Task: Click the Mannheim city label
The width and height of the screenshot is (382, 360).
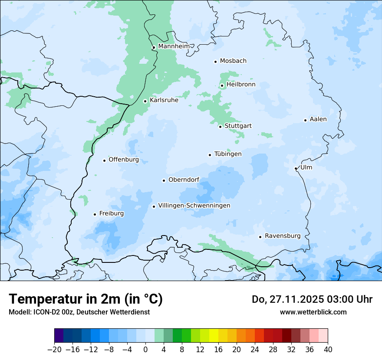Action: (174, 46)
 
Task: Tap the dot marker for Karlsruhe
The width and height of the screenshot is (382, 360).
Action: (145, 101)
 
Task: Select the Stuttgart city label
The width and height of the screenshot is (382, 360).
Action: (238, 126)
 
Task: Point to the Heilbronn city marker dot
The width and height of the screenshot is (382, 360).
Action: (222, 85)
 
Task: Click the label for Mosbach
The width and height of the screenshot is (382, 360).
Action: (233, 61)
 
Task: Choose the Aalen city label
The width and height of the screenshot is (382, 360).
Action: (318, 119)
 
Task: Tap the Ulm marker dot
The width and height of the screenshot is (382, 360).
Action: (296, 168)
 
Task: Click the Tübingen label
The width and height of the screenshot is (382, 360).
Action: (228, 154)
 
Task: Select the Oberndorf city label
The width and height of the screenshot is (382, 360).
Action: (184, 180)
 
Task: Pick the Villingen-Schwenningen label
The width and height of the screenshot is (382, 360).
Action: (194, 205)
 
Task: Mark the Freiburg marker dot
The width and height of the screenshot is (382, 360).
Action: (95, 214)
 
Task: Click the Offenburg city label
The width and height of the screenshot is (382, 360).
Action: (124, 159)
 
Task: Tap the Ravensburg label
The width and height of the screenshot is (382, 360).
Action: (283, 236)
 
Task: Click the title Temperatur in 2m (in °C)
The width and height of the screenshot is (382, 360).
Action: (86, 299)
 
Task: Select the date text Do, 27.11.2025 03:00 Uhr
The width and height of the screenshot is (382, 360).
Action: (312, 299)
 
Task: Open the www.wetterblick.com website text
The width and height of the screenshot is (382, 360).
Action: (313, 312)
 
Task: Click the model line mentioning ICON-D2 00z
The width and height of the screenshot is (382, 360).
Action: (79, 312)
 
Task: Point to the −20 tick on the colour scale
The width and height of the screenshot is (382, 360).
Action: (54, 350)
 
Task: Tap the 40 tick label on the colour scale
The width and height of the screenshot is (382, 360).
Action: (328, 350)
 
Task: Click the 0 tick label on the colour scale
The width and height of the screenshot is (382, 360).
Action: (145, 350)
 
